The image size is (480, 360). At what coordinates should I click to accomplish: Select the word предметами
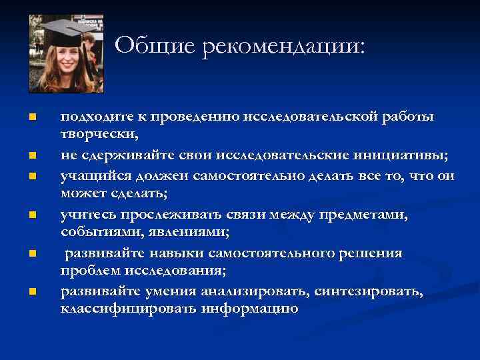[369, 215]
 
